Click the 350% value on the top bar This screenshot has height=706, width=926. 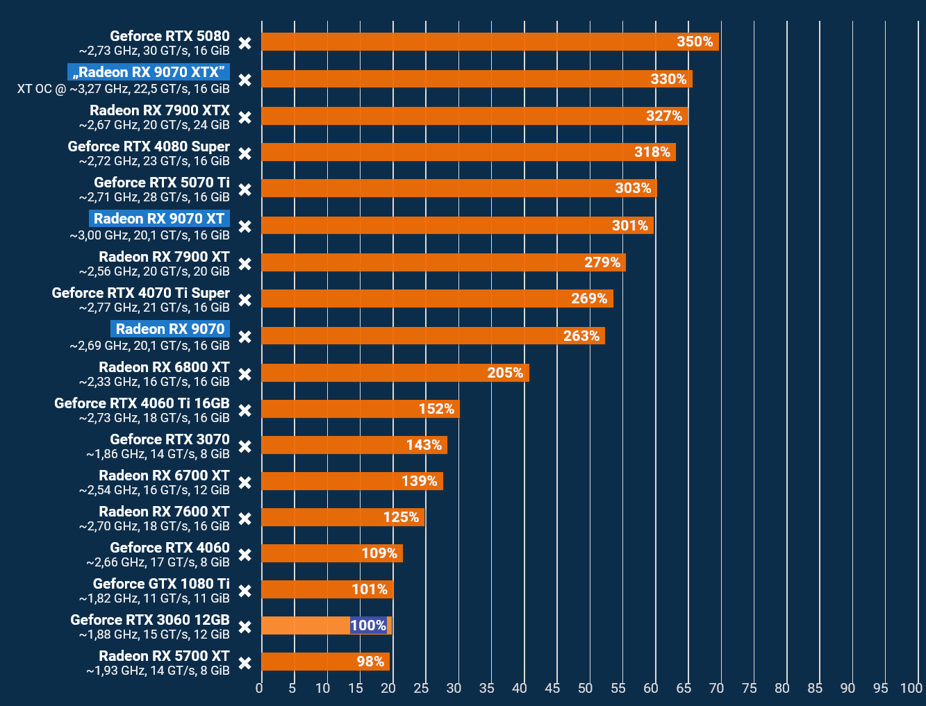tap(695, 42)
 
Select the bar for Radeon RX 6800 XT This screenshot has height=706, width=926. tap(395, 373)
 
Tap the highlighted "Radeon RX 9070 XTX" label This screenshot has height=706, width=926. tap(149, 72)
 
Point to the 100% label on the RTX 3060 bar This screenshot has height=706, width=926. tap(368, 625)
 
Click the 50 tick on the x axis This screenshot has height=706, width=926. tap(586, 688)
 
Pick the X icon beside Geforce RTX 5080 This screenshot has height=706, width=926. tap(245, 43)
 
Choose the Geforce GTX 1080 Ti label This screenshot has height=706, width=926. tap(161, 584)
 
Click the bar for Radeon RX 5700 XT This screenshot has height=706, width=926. tap(325, 662)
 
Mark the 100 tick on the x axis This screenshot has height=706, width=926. tap(911, 688)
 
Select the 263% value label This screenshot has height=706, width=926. tap(581, 336)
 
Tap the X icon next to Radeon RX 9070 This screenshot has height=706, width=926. tap(245, 337)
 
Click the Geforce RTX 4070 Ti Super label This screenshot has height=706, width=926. tap(140, 293)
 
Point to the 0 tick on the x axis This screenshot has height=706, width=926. tap(259, 688)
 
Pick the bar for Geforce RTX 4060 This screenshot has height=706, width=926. tap(331, 553)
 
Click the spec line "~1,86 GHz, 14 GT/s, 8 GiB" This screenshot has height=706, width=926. tap(158, 454)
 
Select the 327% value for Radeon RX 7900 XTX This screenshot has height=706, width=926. tap(664, 116)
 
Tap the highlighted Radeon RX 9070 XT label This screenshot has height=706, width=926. tap(159, 219)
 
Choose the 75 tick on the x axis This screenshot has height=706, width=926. tap(749, 688)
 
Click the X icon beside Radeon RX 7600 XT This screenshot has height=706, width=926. tap(245, 519)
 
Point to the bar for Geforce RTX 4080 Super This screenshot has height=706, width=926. tap(468, 152)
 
